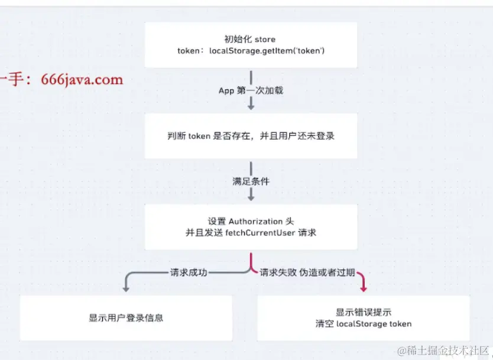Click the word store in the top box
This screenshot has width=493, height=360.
[x=266, y=40]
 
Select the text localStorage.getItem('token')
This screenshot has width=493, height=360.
[x=267, y=51]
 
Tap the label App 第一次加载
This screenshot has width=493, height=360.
[x=251, y=90]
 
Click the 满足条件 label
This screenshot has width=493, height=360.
[x=251, y=181]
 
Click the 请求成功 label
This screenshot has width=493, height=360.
[x=188, y=273]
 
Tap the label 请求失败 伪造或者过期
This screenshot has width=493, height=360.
[x=307, y=273]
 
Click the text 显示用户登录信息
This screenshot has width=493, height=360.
[x=126, y=317]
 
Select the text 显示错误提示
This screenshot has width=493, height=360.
[x=364, y=312]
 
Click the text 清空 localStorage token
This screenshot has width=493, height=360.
[x=364, y=323]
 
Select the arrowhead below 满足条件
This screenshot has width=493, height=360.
[x=251, y=196]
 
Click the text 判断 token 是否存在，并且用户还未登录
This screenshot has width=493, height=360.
[x=251, y=136]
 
